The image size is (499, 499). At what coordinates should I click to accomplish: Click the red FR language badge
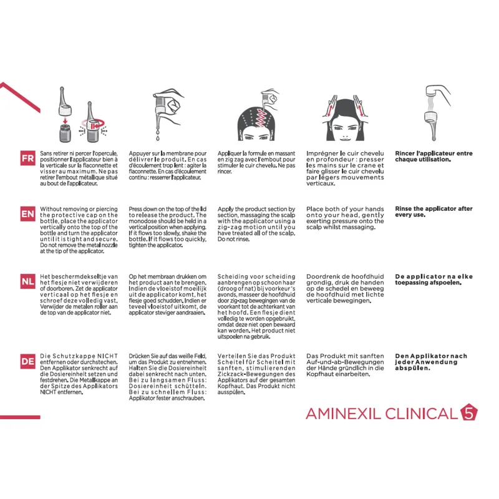pyautogui.click(x=27, y=158)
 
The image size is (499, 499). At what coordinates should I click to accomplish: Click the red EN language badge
pyautogui.click(x=27, y=215)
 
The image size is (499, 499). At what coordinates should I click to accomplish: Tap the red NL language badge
pyautogui.click(x=27, y=281)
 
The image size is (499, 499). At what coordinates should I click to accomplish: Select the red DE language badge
pyautogui.click(x=27, y=361)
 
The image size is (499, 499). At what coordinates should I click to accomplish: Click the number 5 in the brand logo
pyautogui.click(x=468, y=413)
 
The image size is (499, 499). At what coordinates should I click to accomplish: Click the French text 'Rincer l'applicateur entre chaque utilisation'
pyautogui.click(x=434, y=157)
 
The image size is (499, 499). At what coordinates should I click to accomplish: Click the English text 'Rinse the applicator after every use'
pyautogui.click(x=434, y=212)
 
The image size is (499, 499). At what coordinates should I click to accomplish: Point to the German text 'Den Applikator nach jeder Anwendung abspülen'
pyautogui.click(x=430, y=362)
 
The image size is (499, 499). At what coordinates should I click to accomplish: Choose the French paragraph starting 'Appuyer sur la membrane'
pyautogui.click(x=167, y=166)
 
